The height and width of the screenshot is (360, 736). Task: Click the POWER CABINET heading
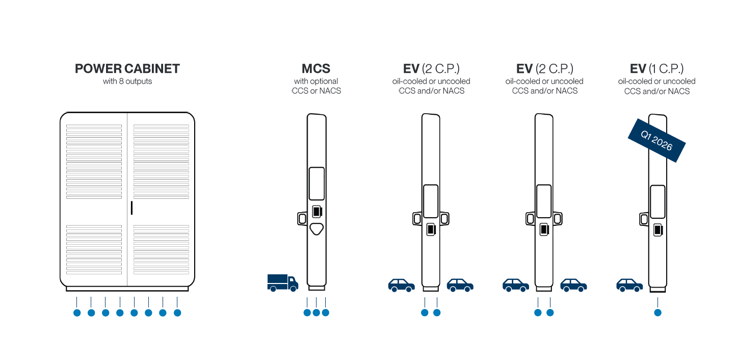(127, 69)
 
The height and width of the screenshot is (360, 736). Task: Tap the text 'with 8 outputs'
(127, 81)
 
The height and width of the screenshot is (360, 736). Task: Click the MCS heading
(316, 69)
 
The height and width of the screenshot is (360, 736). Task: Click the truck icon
(282, 282)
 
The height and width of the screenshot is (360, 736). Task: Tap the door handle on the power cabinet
(132, 208)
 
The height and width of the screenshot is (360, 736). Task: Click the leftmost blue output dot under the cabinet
(77, 313)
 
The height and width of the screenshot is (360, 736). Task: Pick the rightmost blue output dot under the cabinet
(177, 313)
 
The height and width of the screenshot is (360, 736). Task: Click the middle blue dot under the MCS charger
(316, 313)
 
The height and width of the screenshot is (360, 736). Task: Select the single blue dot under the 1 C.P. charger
(658, 313)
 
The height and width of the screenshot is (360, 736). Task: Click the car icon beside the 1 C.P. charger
(629, 285)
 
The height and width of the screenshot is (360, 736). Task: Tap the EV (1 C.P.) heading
(656, 69)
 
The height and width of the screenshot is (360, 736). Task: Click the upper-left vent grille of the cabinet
(94, 161)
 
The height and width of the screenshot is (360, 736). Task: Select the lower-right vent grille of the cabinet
(161, 249)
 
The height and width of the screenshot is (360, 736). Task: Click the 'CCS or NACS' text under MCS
(316, 91)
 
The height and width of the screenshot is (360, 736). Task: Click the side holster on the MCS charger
(302, 218)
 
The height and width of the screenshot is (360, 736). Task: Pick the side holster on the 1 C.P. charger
(644, 219)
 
